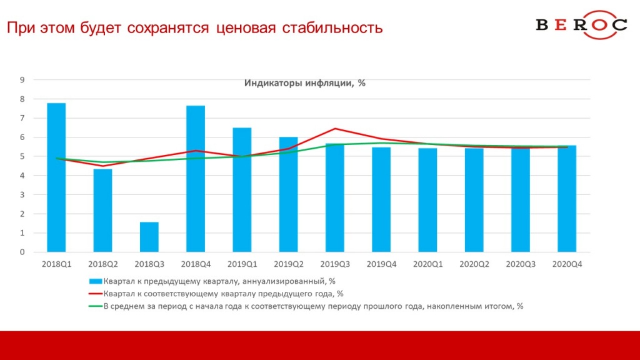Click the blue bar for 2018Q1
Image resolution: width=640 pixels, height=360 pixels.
coord(56,177)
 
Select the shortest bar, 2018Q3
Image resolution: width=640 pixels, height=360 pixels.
coord(149,237)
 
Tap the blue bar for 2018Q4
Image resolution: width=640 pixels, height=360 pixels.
coord(196,179)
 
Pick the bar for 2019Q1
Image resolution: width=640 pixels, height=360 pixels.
coord(242,190)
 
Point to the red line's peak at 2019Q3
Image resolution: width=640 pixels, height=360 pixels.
coord(336,129)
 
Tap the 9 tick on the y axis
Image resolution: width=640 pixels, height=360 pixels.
coord(22,79)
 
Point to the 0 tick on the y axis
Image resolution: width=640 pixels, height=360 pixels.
coord(22,252)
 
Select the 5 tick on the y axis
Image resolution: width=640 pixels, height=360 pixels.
coord(22,156)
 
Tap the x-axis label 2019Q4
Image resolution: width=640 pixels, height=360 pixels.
coord(381,264)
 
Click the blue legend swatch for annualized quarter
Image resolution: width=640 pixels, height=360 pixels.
coord(96,281)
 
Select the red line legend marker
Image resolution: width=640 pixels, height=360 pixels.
coord(96,293)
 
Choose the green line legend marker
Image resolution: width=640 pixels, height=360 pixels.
coord(96,306)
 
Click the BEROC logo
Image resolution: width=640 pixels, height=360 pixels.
coord(581,25)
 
